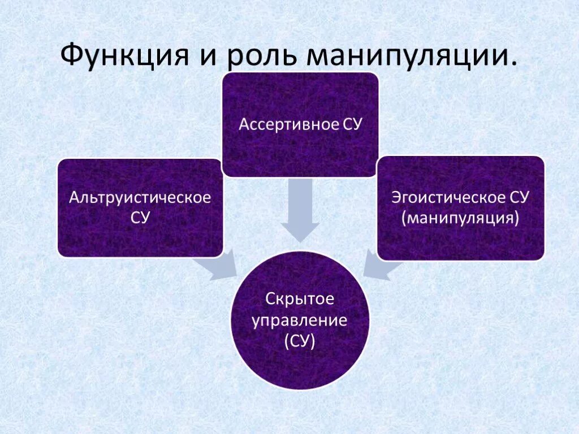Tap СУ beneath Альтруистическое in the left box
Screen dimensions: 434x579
coord(140,218)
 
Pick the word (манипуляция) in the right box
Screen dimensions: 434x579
coord(460,218)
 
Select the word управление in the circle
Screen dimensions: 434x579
coord(300,320)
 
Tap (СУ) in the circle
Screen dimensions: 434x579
coord(300,341)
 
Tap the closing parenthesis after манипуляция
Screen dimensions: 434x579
coord(517,218)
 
